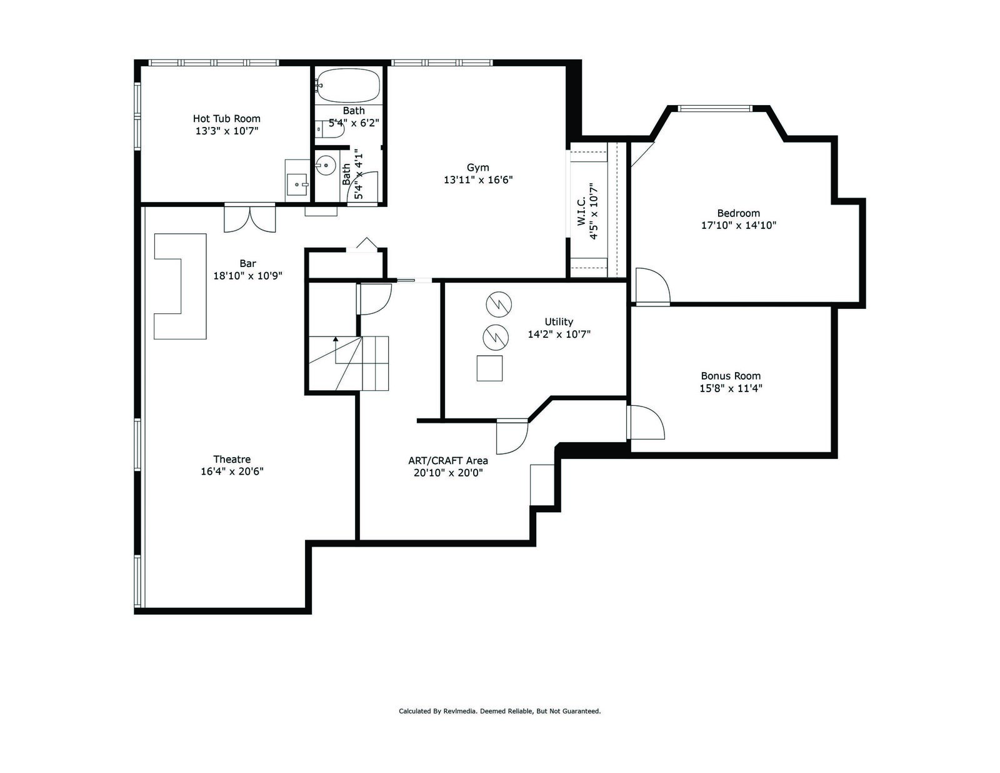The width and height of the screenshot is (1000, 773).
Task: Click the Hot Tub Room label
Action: click(226, 119)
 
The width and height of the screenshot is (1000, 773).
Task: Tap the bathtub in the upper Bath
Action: click(348, 86)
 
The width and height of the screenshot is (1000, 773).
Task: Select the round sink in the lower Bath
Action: click(326, 165)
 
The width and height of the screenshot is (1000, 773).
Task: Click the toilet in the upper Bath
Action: click(331, 129)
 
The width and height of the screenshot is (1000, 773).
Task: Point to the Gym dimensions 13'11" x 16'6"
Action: click(477, 180)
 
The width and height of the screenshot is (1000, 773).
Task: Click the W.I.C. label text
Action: click(581, 211)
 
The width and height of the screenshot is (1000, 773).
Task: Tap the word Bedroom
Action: click(738, 213)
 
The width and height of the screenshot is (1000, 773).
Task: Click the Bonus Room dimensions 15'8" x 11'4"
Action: click(731, 388)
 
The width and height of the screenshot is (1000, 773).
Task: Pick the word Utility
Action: click(559, 322)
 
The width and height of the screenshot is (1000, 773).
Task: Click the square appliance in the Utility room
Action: click(489, 368)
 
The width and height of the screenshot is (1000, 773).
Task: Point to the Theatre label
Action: click(232, 459)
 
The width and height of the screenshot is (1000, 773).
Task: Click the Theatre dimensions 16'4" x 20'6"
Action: click(232, 472)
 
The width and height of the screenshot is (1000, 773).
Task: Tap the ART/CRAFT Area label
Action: click(447, 460)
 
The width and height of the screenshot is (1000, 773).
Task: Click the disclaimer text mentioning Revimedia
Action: click(500, 711)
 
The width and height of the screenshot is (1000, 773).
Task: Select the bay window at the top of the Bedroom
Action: click(714, 109)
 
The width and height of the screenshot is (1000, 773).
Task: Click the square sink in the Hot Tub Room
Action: click(297, 184)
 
